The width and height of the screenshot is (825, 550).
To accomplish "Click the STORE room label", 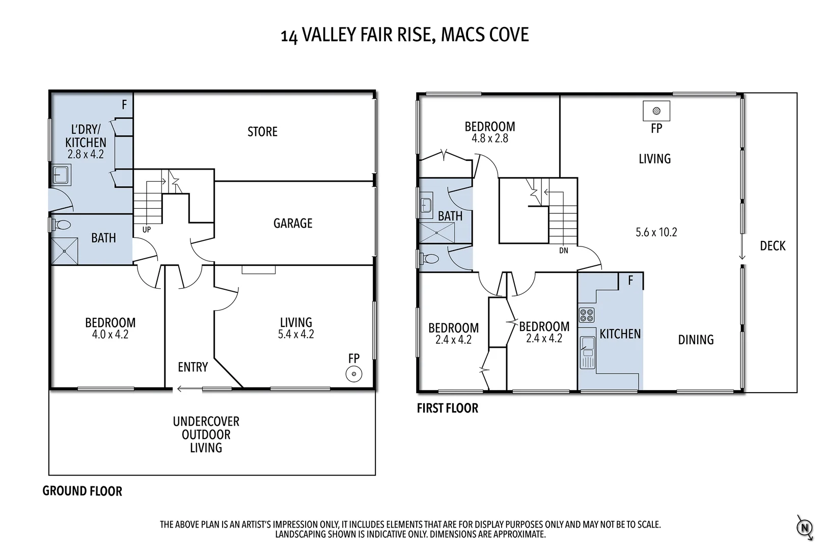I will click(x=262, y=132).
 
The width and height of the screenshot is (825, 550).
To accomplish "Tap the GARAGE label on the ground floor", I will click(x=293, y=223).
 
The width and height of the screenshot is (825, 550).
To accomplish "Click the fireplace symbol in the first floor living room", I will click(x=656, y=111).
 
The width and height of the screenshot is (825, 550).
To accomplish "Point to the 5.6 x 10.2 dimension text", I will click(x=656, y=232).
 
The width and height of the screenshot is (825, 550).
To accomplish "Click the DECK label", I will click(x=773, y=246).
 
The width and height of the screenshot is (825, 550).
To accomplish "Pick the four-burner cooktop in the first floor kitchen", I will click(x=586, y=315).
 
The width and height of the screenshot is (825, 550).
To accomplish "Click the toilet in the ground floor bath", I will click(x=62, y=225).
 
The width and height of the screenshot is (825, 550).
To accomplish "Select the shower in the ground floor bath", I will click(x=65, y=251).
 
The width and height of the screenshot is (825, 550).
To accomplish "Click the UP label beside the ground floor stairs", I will click(x=147, y=230).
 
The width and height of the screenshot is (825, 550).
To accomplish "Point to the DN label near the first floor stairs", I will click(x=563, y=251).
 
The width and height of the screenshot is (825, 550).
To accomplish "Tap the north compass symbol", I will click(x=804, y=527).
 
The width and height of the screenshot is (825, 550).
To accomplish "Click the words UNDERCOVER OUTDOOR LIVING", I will click(x=206, y=434).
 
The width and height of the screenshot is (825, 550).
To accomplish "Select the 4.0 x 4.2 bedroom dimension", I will click(x=110, y=335).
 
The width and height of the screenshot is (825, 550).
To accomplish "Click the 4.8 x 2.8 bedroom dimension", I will click(x=489, y=138).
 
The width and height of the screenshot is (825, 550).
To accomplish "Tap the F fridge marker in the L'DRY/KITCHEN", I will click(x=124, y=105).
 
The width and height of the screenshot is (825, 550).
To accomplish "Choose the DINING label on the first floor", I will click(x=696, y=340).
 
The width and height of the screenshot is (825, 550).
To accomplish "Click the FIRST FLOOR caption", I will click(x=447, y=408).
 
